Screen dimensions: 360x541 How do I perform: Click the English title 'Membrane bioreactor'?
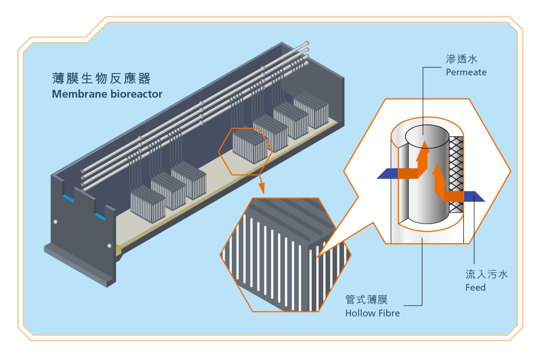(107, 94)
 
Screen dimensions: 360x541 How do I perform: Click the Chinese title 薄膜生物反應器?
(101, 79)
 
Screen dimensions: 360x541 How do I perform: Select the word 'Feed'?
(475, 288)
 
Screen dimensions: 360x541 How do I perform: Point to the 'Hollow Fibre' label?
(372, 313)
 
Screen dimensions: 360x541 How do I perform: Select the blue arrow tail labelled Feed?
(473, 196)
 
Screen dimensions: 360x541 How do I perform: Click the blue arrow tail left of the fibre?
(387, 173)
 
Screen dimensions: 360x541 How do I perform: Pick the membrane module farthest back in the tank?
(311, 111)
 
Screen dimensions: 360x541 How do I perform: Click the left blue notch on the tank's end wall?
(68, 198)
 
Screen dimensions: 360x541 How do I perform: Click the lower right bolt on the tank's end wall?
(109, 245)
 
